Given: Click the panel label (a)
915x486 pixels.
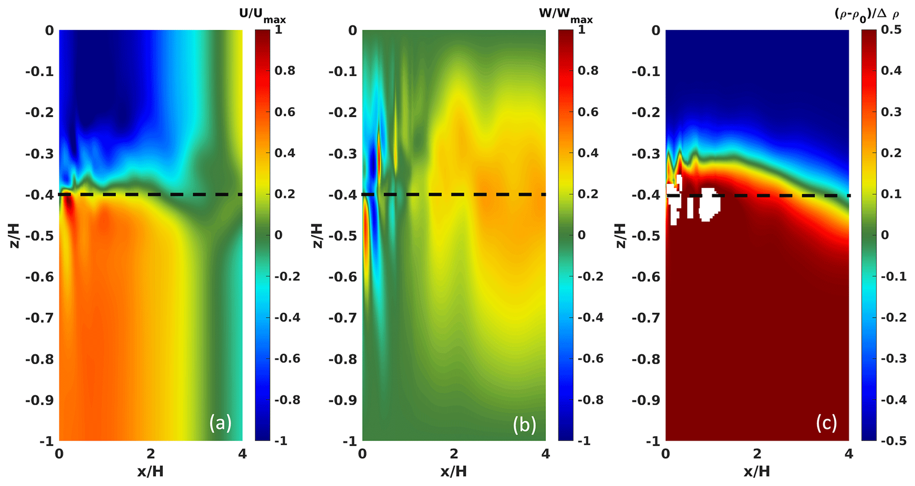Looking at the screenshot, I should point(220,423).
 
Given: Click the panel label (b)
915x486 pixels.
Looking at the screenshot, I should point(524,424).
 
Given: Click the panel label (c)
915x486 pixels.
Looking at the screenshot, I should point(826,423).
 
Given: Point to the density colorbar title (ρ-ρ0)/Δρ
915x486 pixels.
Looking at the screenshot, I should point(867,15).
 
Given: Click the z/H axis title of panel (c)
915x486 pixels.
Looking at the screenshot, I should point(622,235).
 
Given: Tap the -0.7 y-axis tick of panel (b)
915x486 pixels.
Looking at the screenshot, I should point(343,318).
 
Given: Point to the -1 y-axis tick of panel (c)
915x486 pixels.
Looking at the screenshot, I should point(653,441).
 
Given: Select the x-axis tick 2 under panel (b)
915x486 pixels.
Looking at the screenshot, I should point(454,454).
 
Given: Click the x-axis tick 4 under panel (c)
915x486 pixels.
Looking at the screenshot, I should point(849,454).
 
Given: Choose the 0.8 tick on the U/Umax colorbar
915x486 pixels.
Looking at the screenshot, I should point(285,71).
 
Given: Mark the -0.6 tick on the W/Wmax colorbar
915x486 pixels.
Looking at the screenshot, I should point(591,359).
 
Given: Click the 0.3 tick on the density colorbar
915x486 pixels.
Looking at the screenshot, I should point(891,112).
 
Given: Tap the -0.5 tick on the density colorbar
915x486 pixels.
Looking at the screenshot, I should point(891,441).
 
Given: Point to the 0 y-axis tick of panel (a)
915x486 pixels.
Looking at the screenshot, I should point(49,31).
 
